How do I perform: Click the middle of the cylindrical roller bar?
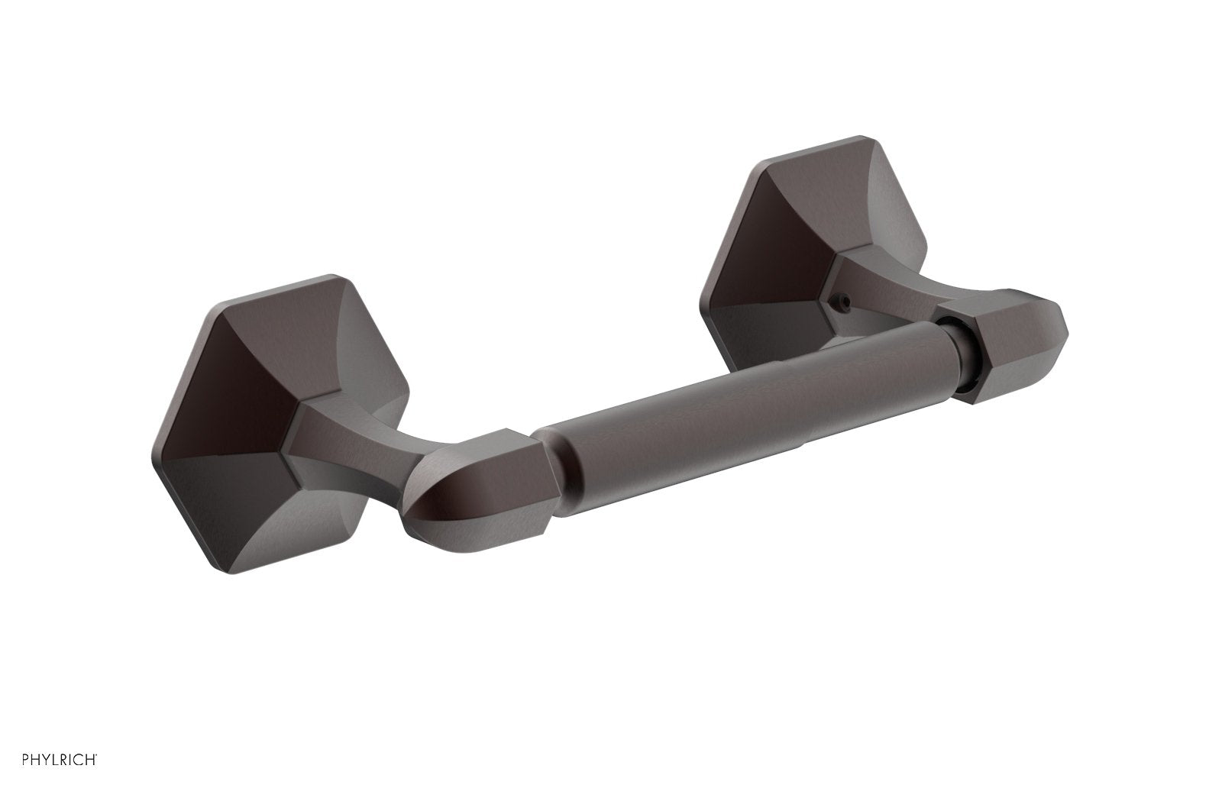(748, 397)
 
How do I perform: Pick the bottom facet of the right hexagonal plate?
(771, 336)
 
